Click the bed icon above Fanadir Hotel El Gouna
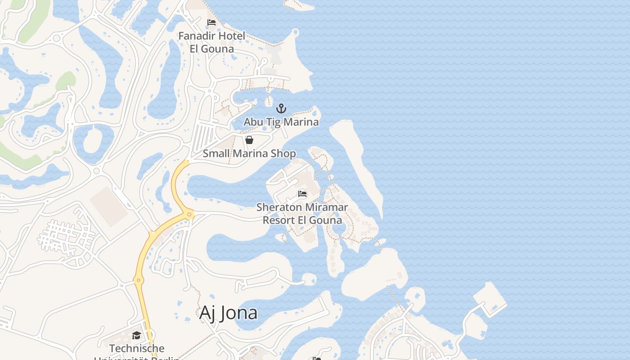click(x=211, y=22)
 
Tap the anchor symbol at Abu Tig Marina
click(x=281, y=108)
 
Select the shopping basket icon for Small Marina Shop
click(x=249, y=140)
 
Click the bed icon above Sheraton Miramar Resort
click(x=302, y=194)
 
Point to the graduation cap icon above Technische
click(x=136, y=335)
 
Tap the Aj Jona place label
click(x=228, y=313)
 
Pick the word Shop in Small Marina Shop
click(x=283, y=153)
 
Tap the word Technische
click(x=137, y=348)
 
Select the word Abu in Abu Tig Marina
click(x=253, y=122)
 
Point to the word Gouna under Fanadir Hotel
click(x=218, y=49)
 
